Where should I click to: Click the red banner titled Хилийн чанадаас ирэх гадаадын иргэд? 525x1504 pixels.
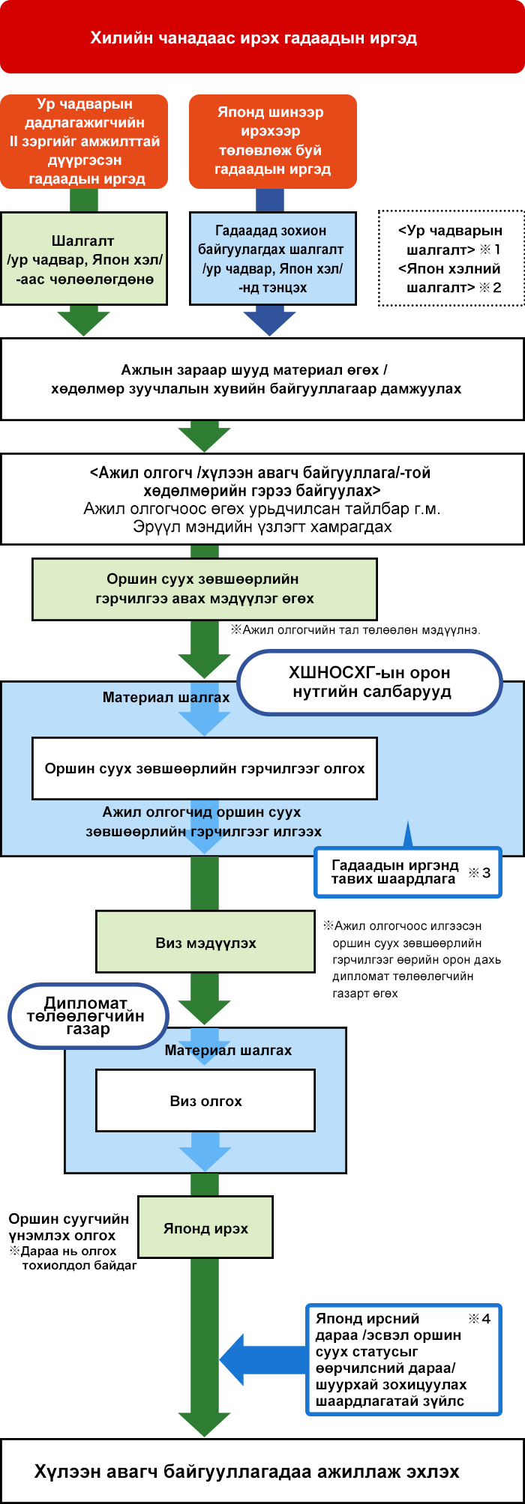(262, 37)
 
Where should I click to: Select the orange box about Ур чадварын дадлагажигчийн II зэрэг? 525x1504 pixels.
(84, 141)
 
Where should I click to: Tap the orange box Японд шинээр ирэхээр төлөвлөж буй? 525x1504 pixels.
(272, 141)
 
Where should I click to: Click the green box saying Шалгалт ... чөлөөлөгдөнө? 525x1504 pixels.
(84, 259)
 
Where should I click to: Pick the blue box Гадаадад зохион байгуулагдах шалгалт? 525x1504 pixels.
(272, 259)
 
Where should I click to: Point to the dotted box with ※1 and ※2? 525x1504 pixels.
(451, 259)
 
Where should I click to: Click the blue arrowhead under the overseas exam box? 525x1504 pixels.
(269, 321)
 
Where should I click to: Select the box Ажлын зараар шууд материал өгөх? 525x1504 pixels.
(262, 379)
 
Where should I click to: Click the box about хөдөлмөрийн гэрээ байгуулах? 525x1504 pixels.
(262, 499)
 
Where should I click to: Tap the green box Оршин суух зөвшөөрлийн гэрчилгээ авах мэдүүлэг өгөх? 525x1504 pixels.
(204, 589)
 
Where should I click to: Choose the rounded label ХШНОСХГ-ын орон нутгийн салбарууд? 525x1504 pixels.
(370, 682)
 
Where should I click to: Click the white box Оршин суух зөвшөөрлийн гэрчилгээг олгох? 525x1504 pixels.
(204, 768)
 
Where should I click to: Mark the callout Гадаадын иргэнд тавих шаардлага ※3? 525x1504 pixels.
(407, 872)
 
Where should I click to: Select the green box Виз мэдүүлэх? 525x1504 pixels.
(205, 943)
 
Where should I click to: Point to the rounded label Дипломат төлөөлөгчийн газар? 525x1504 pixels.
(88, 1016)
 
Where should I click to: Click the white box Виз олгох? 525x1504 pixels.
(205, 1101)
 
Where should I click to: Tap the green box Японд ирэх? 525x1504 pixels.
(205, 1228)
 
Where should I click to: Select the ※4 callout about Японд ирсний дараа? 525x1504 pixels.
(403, 1359)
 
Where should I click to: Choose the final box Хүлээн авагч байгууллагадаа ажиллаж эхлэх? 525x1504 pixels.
(262, 1471)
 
